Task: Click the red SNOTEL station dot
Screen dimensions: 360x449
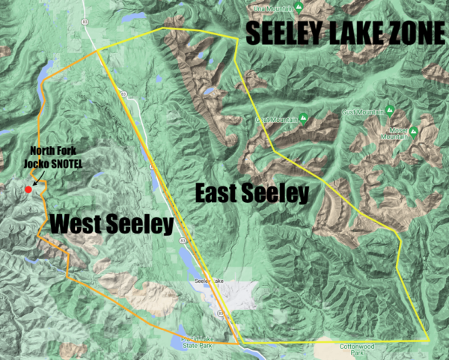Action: (28, 189)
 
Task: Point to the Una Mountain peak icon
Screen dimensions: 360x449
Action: (299, 7)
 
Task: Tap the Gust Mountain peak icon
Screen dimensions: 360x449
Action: (390, 111)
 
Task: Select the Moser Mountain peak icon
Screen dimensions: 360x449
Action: (412, 132)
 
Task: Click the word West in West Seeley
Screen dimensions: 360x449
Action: (79, 224)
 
